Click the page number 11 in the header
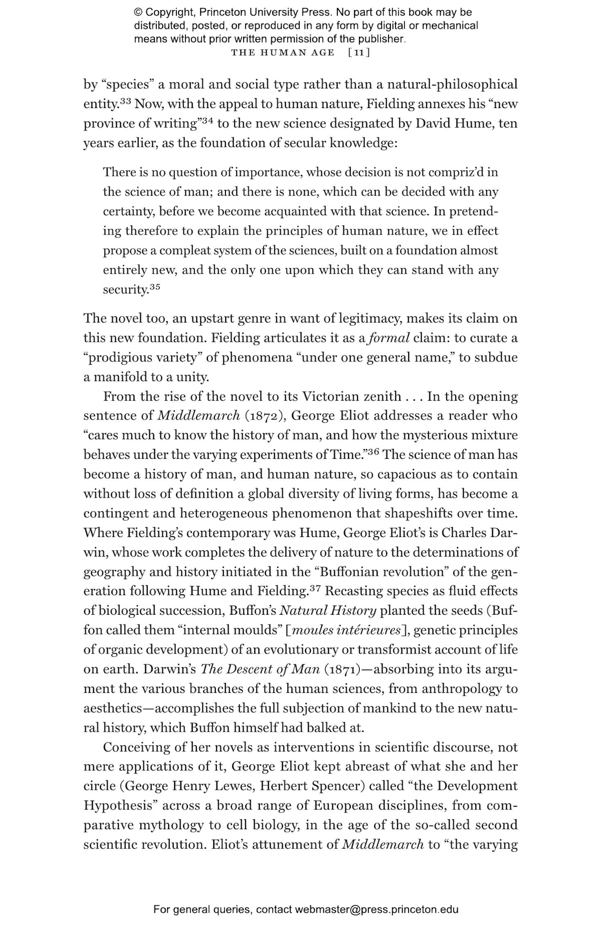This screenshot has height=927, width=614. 359,52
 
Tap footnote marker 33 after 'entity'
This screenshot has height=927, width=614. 125,101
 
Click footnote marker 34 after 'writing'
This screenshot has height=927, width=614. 207,120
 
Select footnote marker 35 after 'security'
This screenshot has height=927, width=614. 154,286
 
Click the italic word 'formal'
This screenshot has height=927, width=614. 389,338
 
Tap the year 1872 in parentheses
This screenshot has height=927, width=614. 268,416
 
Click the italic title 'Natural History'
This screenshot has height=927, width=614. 328,611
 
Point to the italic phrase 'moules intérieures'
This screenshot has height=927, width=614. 346,630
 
